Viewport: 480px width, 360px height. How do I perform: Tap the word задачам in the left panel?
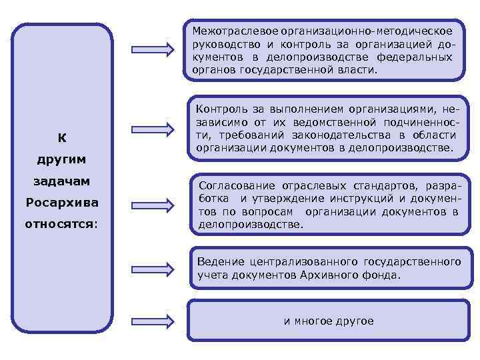point(61,181)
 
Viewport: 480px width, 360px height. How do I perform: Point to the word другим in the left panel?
point(61,160)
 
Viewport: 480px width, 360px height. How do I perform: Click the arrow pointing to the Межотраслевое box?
point(150,49)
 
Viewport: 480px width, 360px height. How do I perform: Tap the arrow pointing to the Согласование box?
point(150,202)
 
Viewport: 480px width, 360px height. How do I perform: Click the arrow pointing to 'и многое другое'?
point(150,321)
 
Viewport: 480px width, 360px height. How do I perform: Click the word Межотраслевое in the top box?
point(225,31)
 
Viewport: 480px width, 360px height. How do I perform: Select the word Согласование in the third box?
point(234,185)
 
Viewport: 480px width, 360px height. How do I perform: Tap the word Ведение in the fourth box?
point(216,261)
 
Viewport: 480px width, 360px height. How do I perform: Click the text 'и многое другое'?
point(329,321)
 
